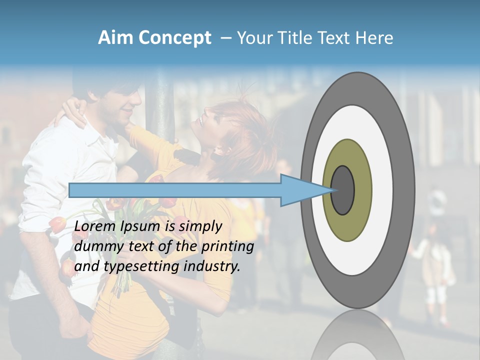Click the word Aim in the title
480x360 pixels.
(x=115, y=38)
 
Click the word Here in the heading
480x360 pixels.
(x=374, y=38)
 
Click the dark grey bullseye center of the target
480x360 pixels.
(x=343, y=189)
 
